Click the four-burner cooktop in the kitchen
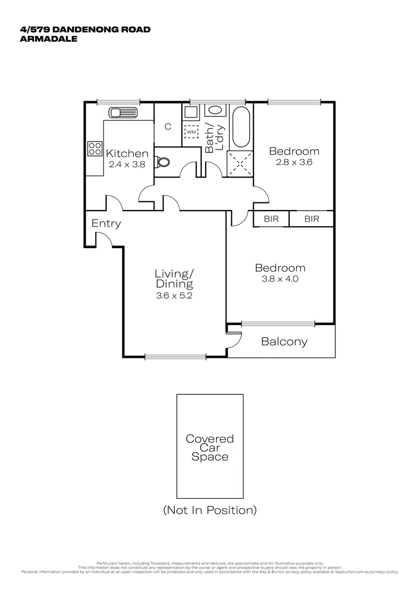point(94,148)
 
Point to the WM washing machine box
point(191,132)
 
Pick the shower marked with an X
point(240,163)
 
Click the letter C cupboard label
point(168,127)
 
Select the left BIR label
point(271,219)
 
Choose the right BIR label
point(312,219)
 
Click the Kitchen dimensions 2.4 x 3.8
point(127,164)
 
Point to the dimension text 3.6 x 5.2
point(174,295)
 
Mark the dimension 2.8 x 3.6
point(294,162)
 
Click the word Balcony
point(284,342)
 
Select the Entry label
point(106,223)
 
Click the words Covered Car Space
point(209,448)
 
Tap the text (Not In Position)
point(209,510)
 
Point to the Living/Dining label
point(174,278)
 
